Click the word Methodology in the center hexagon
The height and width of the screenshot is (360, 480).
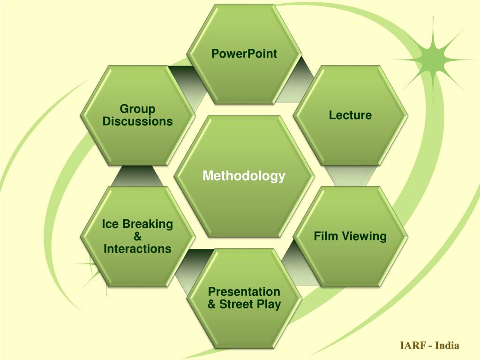tap(244, 176)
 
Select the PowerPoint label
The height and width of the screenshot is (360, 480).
tap(244, 54)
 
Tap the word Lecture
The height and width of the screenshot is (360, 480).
tap(350, 115)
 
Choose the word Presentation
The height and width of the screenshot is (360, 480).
tap(244, 292)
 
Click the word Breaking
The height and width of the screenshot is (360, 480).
tap(147, 224)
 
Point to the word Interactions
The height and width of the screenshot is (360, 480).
tap(137, 248)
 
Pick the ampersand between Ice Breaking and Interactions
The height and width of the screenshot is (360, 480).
tap(137, 236)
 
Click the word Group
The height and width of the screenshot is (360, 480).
tap(137, 109)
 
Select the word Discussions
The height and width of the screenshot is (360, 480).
tap(137, 121)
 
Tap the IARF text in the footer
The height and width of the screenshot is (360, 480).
tap(412, 346)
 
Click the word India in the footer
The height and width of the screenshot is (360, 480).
tap(447, 346)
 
